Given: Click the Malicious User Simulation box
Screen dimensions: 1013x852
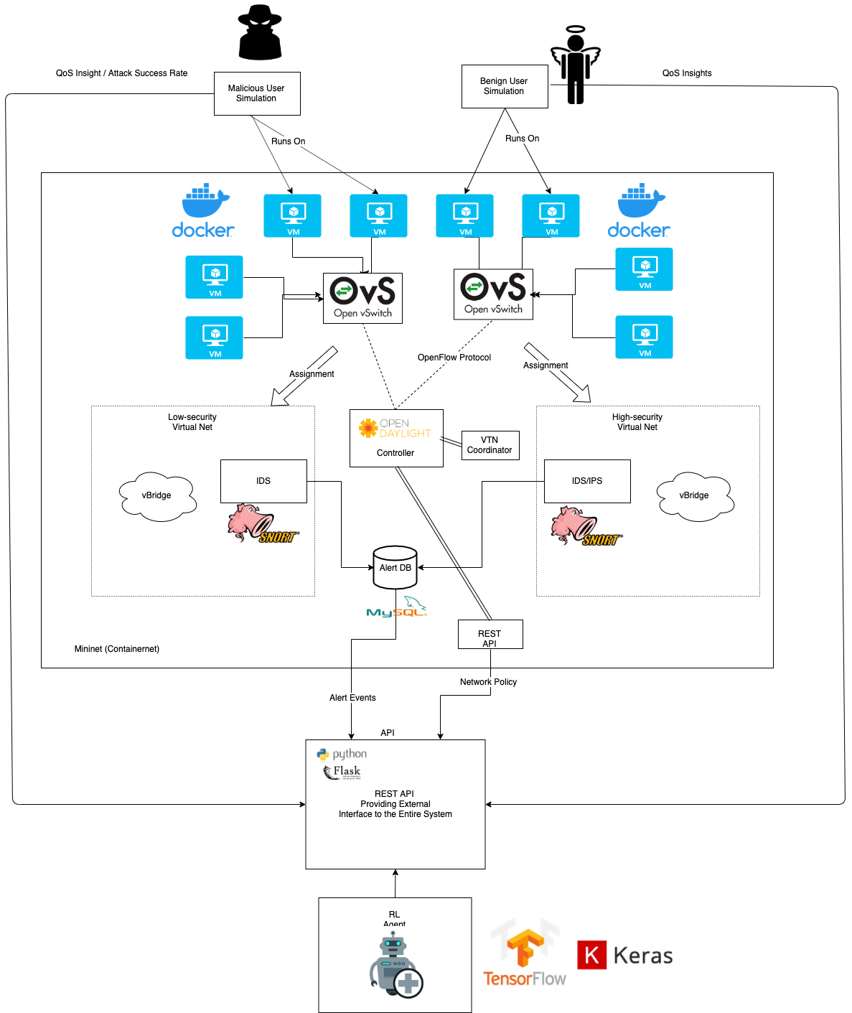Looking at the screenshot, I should pos(257,93).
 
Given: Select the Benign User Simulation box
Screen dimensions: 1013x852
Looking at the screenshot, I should pos(505,87).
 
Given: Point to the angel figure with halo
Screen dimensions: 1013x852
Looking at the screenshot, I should pos(575,65).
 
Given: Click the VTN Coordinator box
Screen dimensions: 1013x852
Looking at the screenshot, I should pos(490,445).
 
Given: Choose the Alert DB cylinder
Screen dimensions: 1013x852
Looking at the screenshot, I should pos(395,567).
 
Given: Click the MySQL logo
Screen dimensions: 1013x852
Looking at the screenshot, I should pos(397,607).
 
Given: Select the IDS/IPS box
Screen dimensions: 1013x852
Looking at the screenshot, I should pos(587,481).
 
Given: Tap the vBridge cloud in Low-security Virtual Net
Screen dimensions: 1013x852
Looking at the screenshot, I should pos(157,495).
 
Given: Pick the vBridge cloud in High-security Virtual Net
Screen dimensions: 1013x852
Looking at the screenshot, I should pos(695,495).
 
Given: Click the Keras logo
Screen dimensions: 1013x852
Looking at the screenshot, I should pos(625,956).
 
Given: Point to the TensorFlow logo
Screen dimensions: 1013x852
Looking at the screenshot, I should pos(525,956).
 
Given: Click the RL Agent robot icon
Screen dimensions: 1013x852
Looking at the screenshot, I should pos(395,966).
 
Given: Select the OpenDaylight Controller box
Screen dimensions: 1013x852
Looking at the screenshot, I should pos(396,438).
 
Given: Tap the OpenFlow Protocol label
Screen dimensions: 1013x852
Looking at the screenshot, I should pos(454,358).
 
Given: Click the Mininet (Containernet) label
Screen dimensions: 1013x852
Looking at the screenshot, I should pos(117,649).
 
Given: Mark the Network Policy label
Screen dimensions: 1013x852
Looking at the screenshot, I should pos(488,682).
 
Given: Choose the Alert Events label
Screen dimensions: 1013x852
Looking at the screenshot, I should pos(352,698).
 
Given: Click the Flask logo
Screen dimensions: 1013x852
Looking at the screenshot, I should pos(342,772).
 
